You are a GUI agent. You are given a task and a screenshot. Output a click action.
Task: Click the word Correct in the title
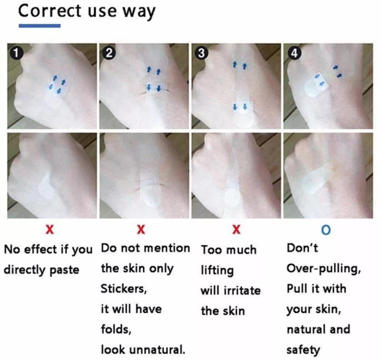[x=50, y=11]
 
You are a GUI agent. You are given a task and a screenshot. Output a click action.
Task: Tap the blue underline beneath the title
[x=40, y=26]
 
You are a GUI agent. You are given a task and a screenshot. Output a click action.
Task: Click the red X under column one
[x=50, y=229]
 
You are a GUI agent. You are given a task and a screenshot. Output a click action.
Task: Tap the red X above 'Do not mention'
[x=141, y=229]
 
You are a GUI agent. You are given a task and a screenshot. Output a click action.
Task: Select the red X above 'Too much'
[x=236, y=229]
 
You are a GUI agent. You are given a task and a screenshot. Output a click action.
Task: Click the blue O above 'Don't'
[x=326, y=229]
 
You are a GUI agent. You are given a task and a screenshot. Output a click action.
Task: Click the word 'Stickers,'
[x=124, y=289]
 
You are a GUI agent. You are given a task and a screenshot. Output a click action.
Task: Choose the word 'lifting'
[x=217, y=271]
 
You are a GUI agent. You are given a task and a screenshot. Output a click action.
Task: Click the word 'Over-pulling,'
[x=324, y=268]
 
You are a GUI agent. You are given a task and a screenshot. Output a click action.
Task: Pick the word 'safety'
[x=303, y=350]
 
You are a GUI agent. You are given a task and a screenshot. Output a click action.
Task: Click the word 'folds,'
[x=116, y=329]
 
